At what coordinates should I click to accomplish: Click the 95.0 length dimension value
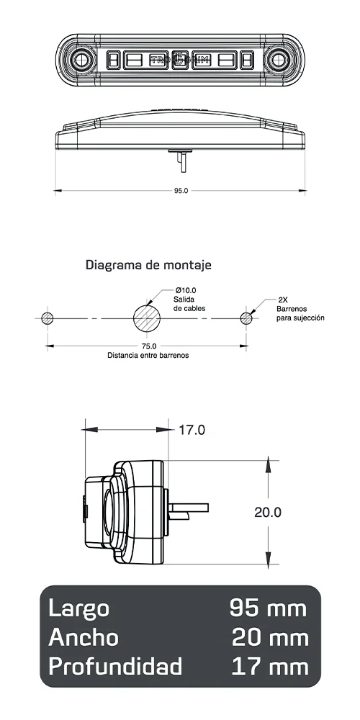tap(181, 191)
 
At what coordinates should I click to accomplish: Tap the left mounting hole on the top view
tap(79, 59)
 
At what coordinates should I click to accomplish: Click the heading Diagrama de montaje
tap(148, 265)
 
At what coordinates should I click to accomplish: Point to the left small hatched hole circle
tap(48, 318)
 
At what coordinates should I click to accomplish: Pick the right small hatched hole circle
tap(247, 318)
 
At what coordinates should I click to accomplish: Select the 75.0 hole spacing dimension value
tap(148, 346)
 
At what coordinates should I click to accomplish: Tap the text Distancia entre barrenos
tap(148, 355)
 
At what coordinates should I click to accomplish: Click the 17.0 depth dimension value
tap(192, 431)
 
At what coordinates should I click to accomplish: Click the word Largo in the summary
tap(78, 608)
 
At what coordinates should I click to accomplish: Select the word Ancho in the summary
tap(84, 637)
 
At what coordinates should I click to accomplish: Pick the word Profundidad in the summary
tap(115, 667)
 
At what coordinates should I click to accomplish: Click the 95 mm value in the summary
tap(268, 608)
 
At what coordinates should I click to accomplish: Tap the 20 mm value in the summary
tap(269, 637)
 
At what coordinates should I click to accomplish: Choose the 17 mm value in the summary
tap(269, 667)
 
